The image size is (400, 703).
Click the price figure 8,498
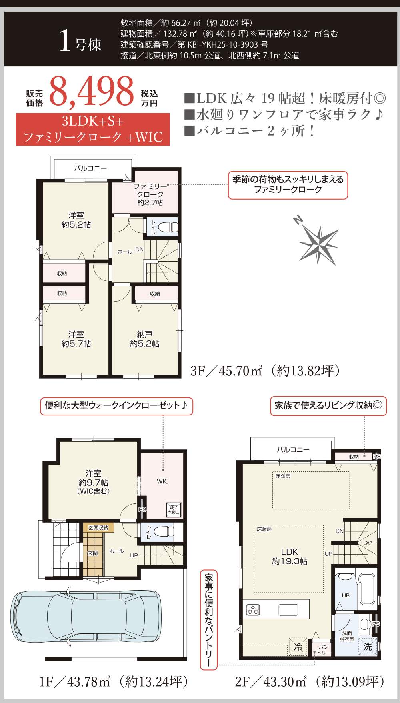[x=92, y=92]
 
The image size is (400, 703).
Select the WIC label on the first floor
[x=162, y=481]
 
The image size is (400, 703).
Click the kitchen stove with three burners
[x=253, y=609]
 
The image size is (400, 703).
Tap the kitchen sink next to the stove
[x=288, y=610]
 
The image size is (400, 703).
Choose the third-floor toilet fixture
[x=167, y=227]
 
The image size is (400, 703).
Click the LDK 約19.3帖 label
[x=290, y=556]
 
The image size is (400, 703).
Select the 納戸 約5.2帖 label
[x=145, y=339]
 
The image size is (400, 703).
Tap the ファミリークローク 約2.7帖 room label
[x=150, y=194]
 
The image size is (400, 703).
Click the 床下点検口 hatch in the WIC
[x=174, y=509]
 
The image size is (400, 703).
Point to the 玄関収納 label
[x=98, y=528]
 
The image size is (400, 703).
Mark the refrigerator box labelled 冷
[x=298, y=646]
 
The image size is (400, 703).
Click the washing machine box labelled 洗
[x=368, y=647]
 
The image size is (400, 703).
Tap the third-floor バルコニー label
[x=91, y=168]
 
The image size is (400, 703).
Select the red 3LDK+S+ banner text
[x=93, y=121]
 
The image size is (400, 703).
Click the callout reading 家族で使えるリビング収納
[x=328, y=406]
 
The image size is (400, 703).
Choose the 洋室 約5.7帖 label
[x=76, y=339]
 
